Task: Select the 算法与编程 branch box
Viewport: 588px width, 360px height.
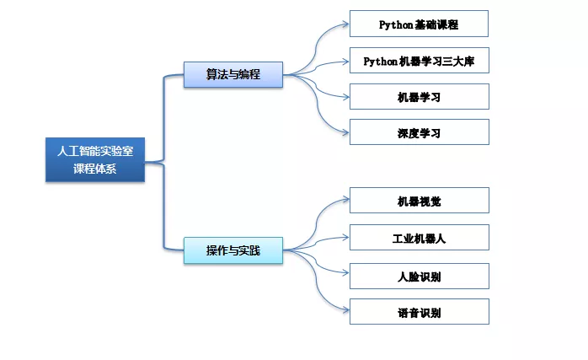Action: pos(233,74)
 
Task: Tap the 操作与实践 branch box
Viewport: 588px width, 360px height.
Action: pos(233,250)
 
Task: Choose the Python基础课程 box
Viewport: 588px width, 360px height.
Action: pos(419,24)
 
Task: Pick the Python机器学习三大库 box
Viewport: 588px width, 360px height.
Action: pos(419,61)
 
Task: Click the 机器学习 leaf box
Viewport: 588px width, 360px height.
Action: pos(419,97)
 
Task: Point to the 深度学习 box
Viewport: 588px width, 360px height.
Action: pos(419,132)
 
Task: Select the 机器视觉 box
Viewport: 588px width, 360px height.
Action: pos(419,201)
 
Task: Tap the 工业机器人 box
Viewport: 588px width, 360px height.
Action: pos(419,239)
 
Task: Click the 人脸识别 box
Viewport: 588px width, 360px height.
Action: pos(419,276)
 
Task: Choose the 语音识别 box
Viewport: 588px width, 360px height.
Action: pos(419,312)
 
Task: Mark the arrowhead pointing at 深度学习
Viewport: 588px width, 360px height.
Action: pos(345,132)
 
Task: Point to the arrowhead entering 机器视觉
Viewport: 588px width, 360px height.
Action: pos(345,200)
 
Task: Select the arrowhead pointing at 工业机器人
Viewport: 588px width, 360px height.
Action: pos(345,238)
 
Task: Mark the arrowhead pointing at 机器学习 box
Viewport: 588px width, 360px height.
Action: pos(345,96)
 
